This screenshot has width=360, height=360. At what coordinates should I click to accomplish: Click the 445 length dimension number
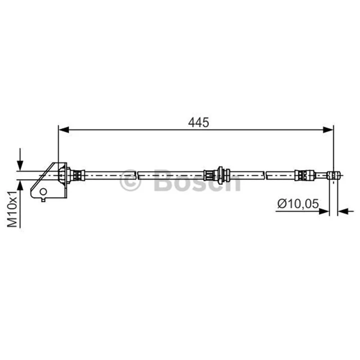coord(198,122)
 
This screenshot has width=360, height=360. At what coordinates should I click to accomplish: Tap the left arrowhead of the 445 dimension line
coord(64,130)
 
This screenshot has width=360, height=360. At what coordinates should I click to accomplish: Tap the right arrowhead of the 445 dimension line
coord(328,130)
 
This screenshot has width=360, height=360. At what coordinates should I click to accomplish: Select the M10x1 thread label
coord(13,209)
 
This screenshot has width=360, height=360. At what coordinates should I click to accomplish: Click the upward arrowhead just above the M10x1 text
coord(20,185)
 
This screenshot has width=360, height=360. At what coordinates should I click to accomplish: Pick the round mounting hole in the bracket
coord(43,191)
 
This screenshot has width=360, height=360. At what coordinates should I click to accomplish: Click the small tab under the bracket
coord(43,200)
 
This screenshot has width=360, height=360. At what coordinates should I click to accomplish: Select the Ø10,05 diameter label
coord(298,204)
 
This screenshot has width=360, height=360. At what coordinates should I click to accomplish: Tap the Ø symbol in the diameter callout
coord(282,204)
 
